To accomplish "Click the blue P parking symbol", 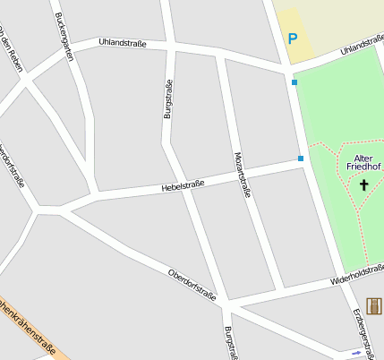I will click(291, 39).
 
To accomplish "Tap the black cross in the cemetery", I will click(363, 185).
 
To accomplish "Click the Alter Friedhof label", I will click(363, 162).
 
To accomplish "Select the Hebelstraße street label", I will click(183, 185).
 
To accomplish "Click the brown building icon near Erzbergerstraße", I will click(375, 306).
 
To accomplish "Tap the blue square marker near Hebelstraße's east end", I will click(301, 159).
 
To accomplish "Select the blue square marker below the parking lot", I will click(294, 82).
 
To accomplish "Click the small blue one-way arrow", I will click(357, 354).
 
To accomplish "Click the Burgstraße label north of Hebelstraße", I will click(167, 99).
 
